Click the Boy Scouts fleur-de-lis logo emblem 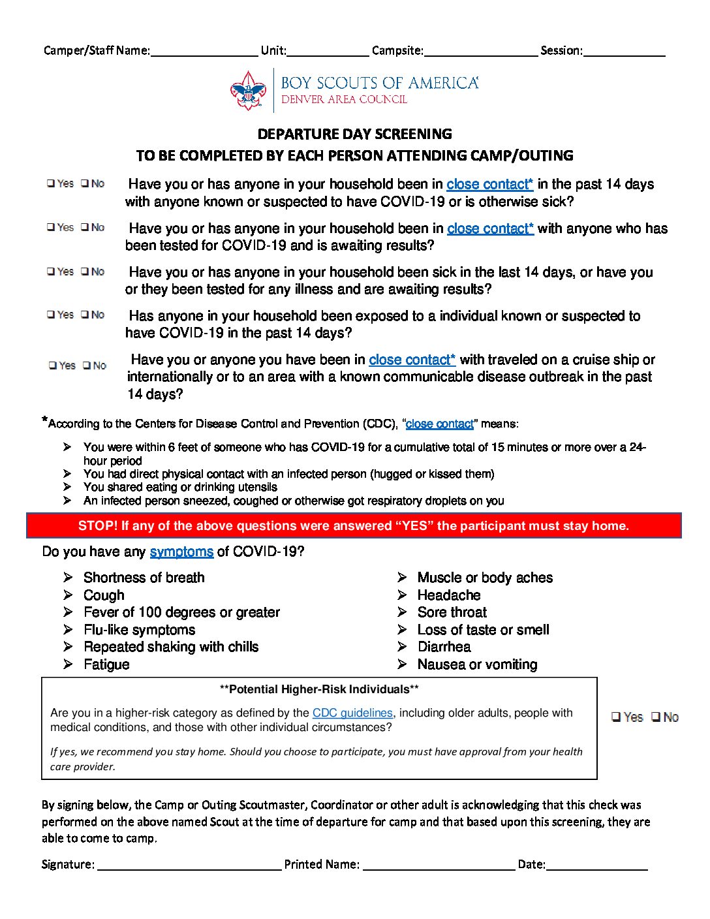[x=249, y=91]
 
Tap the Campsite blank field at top [x=480, y=52]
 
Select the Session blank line [x=624, y=52]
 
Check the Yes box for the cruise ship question [x=53, y=366]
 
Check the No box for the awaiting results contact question [x=85, y=227]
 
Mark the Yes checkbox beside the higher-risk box [x=616, y=717]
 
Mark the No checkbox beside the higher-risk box [x=656, y=717]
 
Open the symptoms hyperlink [x=181, y=552]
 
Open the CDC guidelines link [x=352, y=713]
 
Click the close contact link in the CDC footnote [x=439, y=424]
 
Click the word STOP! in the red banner [x=98, y=526]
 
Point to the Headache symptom [x=449, y=595]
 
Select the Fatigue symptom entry [x=106, y=664]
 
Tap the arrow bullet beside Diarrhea [x=402, y=647]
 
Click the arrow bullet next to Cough [x=68, y=595]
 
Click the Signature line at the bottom [x=189, y=865]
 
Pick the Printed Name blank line [x=439, y=865]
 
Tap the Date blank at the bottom [x=596, y=865]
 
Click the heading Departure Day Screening [x=354, y=134]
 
